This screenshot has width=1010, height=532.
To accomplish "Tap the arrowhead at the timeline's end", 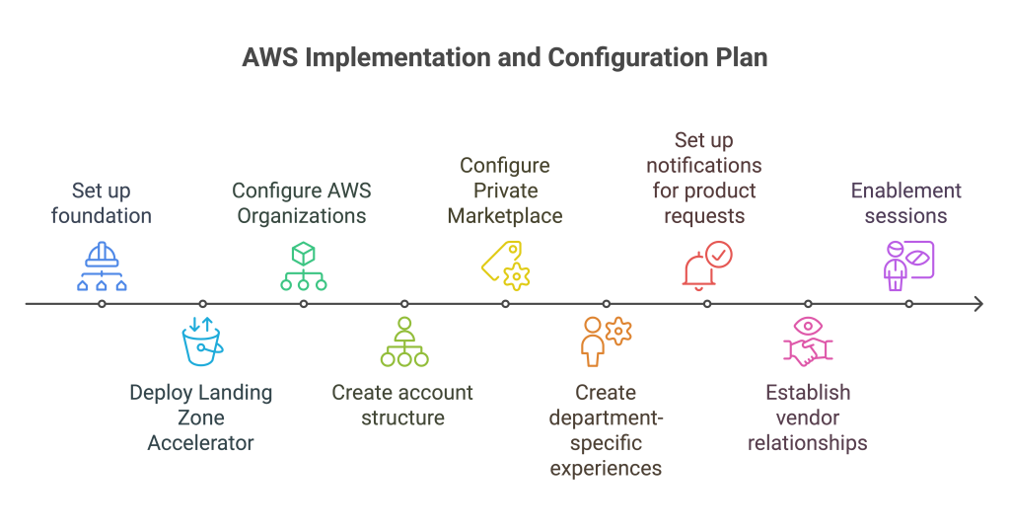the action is pos(979,304).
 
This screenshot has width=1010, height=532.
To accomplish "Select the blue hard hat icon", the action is pos(102,266).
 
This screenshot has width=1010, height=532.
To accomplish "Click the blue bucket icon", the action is pos(202,342).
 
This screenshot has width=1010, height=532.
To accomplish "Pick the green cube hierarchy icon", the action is pos(304,266).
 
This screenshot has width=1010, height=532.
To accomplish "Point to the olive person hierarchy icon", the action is pos(404,342).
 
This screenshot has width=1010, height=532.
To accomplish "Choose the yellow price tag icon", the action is pos(506,266).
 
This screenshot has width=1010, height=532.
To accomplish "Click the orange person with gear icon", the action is pos(607,342).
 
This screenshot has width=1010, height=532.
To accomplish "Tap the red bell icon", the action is pos(707,266).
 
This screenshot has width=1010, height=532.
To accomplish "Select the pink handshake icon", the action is pos(808,342).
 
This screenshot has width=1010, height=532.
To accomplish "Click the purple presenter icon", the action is pos(908,266).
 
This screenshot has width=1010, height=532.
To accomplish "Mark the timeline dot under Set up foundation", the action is pos(102,304).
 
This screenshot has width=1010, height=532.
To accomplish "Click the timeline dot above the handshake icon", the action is pos(808,304).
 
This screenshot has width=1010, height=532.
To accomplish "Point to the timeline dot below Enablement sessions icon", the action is pos(908,304).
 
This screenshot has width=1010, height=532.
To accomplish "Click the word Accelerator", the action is pos(201,443).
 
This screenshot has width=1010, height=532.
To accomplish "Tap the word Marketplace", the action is pos(505,216).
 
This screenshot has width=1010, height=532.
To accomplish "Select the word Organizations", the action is pos(302,216).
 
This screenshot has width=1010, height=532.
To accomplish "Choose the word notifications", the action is pos(704,166).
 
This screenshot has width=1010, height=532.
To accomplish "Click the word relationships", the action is pos(808,443).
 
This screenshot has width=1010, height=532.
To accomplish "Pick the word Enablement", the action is pos(906,190).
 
